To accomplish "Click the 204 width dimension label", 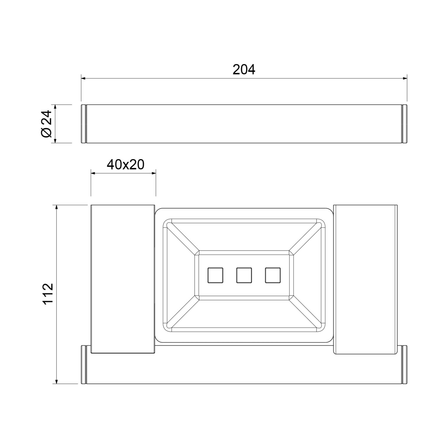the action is click(244, 70).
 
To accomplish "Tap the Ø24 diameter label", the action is click(47, 124).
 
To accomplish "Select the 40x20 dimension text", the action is click(126, 165).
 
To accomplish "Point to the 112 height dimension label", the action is click(47, 294).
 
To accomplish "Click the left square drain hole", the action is click(215, 275).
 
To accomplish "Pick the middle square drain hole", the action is click(244, 275).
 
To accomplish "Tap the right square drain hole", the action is click(273, 275).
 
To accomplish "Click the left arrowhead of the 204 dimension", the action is click(83, 78).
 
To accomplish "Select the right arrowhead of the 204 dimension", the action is click(405, 78).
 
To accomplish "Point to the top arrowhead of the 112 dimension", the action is click(56, 207).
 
